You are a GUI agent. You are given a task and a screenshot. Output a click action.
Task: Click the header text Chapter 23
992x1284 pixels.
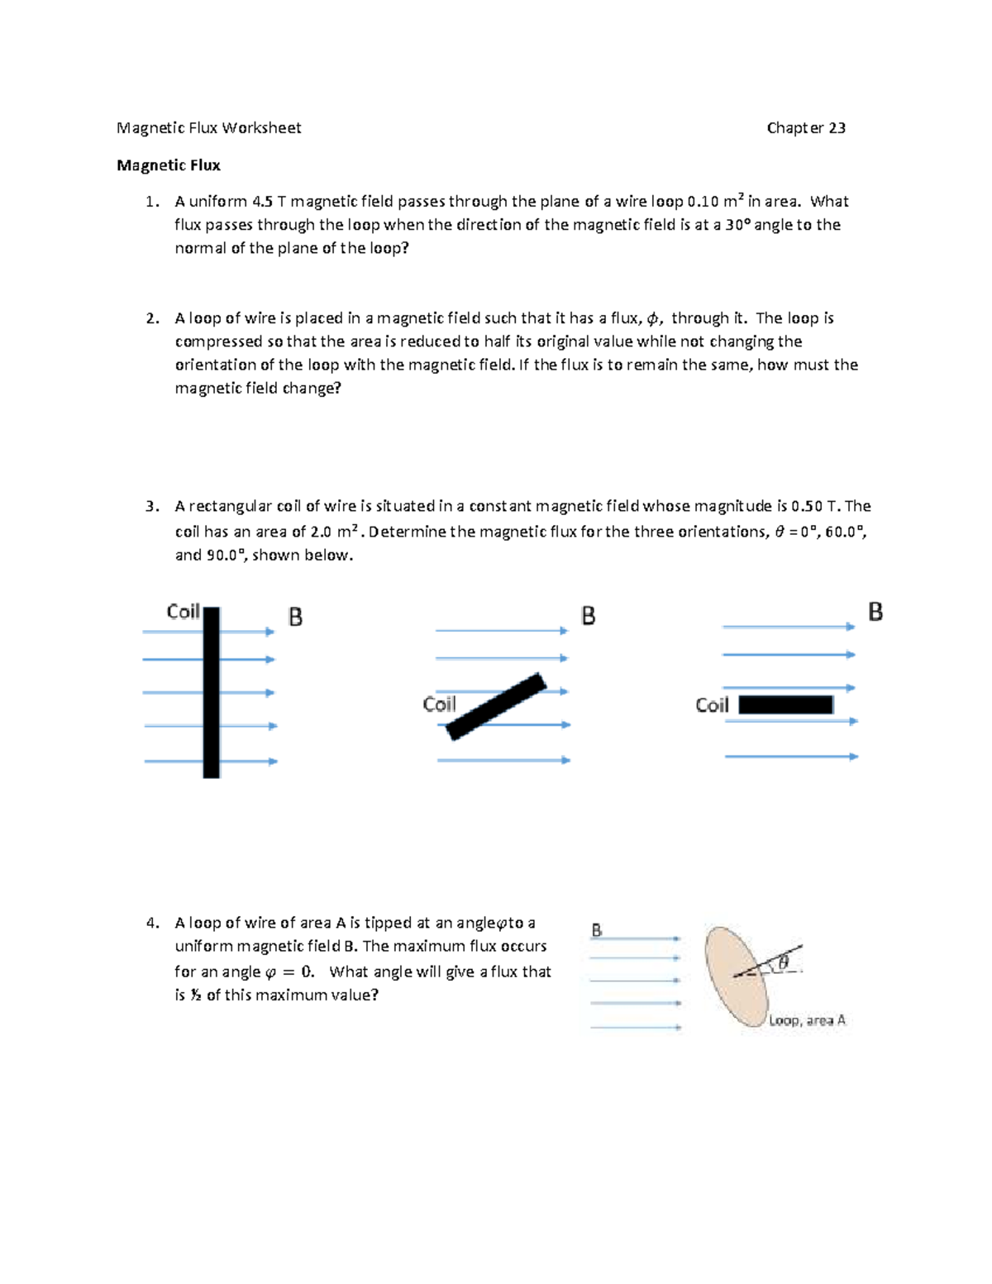pyautogui.click(x=805, y=128)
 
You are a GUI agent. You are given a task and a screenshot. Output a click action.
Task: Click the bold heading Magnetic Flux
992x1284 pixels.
pyautogui.click(x=169, y=165)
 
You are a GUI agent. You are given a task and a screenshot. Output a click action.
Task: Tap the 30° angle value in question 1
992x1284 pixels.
pyautogui.click(x=737, y=225)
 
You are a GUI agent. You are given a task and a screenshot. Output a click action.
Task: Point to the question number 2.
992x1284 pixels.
pyautogui.click(x=151, y=318)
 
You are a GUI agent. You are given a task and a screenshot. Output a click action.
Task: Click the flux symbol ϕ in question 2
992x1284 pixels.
pyautogui.click(x=653, y=318)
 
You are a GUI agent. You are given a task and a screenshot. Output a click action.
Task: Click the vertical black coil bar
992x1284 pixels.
pyautogui.click(x=212, y=692)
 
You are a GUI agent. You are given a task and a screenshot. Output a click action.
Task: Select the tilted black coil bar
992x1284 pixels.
pyautogui.click(x=496, y=706)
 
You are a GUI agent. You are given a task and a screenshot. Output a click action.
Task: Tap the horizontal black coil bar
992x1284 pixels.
pyautogui.click(x=785, y=704)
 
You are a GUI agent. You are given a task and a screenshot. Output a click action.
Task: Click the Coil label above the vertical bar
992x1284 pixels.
pyautogui.click(x=183, y=611)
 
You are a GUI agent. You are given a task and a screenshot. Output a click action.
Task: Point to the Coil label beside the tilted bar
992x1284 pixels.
pyautogui.click(x=439, y=704)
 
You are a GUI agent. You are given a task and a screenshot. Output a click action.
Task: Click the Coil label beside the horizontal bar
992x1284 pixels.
pyautogui.click(x=712, y=705)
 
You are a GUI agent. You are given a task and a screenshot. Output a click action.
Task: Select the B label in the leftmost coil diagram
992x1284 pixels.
pyautogui.click(x=295, y=617)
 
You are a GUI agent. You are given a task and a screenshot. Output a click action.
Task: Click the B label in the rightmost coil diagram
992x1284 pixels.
pyautogui.click(x=875, y=612)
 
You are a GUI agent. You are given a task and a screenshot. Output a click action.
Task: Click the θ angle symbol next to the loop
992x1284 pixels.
pyautogui.click(x=783, y=962)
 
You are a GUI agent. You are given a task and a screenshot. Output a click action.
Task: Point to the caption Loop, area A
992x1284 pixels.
pyautogui.click(x=807, y=1020)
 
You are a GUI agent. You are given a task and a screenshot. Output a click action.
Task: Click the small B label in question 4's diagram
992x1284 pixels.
pyautogui.click(x=597, y=930)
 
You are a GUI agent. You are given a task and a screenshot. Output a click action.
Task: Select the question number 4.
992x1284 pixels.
pyautogui.click(x=151, y=924)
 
